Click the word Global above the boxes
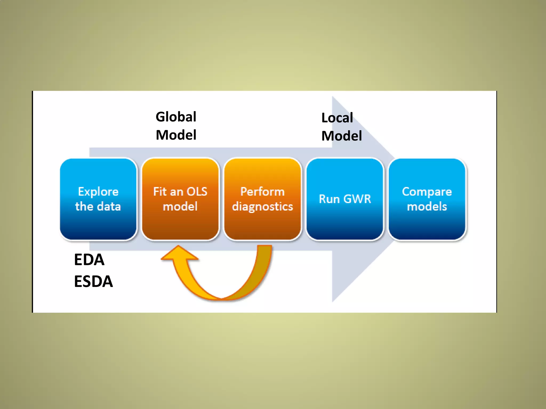[x=176, y=117]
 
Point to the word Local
[x=337, y=118]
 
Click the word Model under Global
[x=176, y=135]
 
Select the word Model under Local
[x=342, y=136]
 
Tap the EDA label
[x=89, y=260]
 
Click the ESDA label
[x=93, y=281]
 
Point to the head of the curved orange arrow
[x=179, y=253]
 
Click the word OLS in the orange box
[x=197, y=192]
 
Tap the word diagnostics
[x=263, y=207]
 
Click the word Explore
[x=98, y=192]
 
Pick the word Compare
[x=427, y=192]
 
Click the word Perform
[x=263, y=192]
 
